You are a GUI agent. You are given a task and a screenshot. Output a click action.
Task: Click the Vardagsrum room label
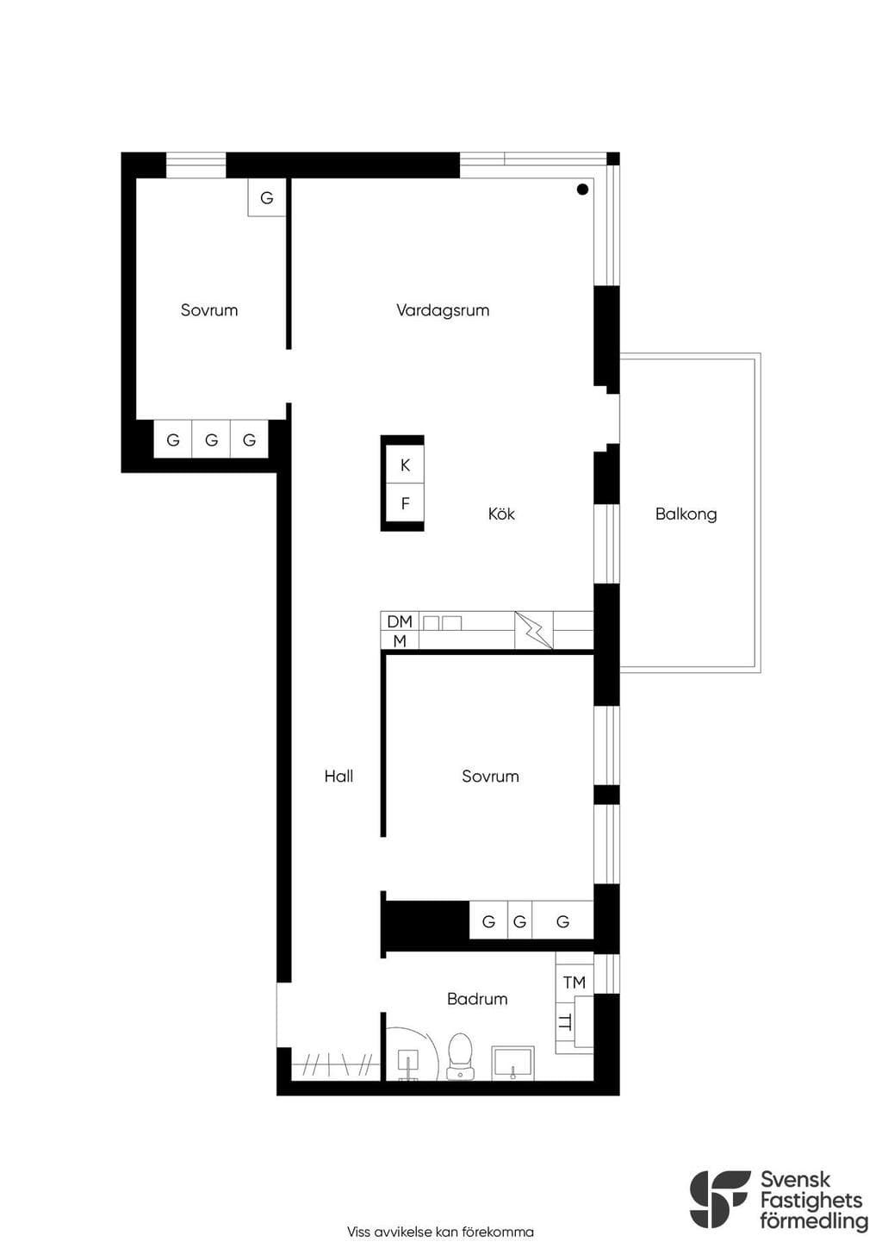click(443, 310)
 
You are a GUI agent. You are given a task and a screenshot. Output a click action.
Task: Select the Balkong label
click(686, 514)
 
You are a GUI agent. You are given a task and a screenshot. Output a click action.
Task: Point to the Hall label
click(339, 776)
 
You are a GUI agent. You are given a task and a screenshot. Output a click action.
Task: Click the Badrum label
click(477, 999)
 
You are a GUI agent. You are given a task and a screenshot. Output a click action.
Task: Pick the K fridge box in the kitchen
click(405, 465)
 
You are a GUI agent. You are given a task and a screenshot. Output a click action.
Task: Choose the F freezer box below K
click(405, 503)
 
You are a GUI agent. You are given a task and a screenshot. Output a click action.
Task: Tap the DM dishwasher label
click(400, 621)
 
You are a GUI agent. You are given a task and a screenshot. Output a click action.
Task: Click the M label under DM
click(400, 641)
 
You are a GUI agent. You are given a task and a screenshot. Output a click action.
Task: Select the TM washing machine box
click(575, 982)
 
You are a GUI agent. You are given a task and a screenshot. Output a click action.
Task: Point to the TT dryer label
click(566, 1022)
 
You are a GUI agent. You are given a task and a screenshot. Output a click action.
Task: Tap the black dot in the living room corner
click(582, 190)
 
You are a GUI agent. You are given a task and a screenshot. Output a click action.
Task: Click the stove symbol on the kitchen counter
click(533, 630)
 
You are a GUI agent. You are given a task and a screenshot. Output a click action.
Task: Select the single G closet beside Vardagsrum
click(267, 197)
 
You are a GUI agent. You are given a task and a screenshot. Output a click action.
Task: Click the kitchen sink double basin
click(443, 623)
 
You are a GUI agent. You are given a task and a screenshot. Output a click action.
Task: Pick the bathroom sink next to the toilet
click(512, 1063)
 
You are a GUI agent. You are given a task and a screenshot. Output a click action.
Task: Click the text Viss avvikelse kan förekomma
click(440, 1232)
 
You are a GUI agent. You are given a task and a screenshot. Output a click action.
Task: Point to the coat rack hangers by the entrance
click(337, 1065)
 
